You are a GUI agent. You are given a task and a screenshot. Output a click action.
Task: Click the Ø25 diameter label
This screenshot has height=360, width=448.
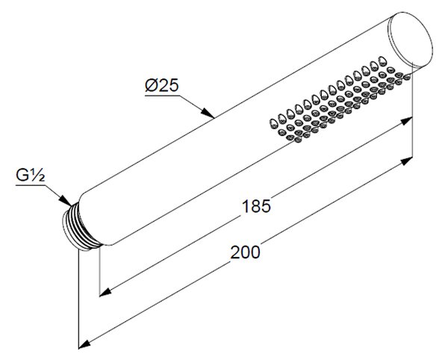[162, 85]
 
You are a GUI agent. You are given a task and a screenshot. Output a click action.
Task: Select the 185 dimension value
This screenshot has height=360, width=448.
[256, 206]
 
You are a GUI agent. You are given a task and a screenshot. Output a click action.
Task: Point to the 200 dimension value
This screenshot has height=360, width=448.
[246, 252]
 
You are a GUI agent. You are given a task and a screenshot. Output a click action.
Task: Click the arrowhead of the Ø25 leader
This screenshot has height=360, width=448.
[208, 113]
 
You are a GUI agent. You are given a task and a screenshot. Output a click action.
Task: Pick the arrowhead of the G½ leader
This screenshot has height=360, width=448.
[66, 199]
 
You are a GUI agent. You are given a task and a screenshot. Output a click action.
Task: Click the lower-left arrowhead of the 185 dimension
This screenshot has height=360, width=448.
[105, 292]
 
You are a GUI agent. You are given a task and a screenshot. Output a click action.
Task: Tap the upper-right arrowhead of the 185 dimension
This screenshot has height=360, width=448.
[406, 121]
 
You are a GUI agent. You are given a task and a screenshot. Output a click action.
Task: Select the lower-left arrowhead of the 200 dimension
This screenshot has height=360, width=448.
[84, 344]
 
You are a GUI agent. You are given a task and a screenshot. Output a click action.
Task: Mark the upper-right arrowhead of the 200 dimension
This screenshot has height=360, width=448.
[406, 161]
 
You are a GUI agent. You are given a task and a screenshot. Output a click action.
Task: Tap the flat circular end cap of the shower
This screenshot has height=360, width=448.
[410, 40]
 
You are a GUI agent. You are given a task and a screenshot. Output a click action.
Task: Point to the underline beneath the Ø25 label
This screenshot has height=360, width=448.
[163, 96]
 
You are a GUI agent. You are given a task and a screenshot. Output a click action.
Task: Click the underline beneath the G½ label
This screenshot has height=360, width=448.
[31, 185]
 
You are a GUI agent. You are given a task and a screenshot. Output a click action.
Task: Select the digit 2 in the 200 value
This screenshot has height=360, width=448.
[235, 252]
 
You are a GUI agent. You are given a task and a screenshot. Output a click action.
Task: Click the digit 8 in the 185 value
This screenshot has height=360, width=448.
[256, 206]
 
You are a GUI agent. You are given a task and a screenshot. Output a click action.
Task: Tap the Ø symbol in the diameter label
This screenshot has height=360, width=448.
[152, 85]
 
